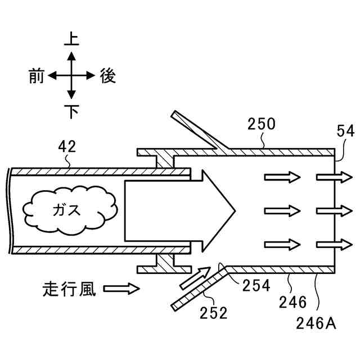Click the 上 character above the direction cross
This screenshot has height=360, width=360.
pos(71,39)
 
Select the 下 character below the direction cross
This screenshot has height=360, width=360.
pos(71,111)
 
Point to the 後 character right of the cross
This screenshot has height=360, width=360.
pos(108,76)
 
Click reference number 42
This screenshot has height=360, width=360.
pos(67,148)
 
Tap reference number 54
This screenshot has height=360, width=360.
pos(345,131)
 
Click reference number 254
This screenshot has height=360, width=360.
pos(256,285)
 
